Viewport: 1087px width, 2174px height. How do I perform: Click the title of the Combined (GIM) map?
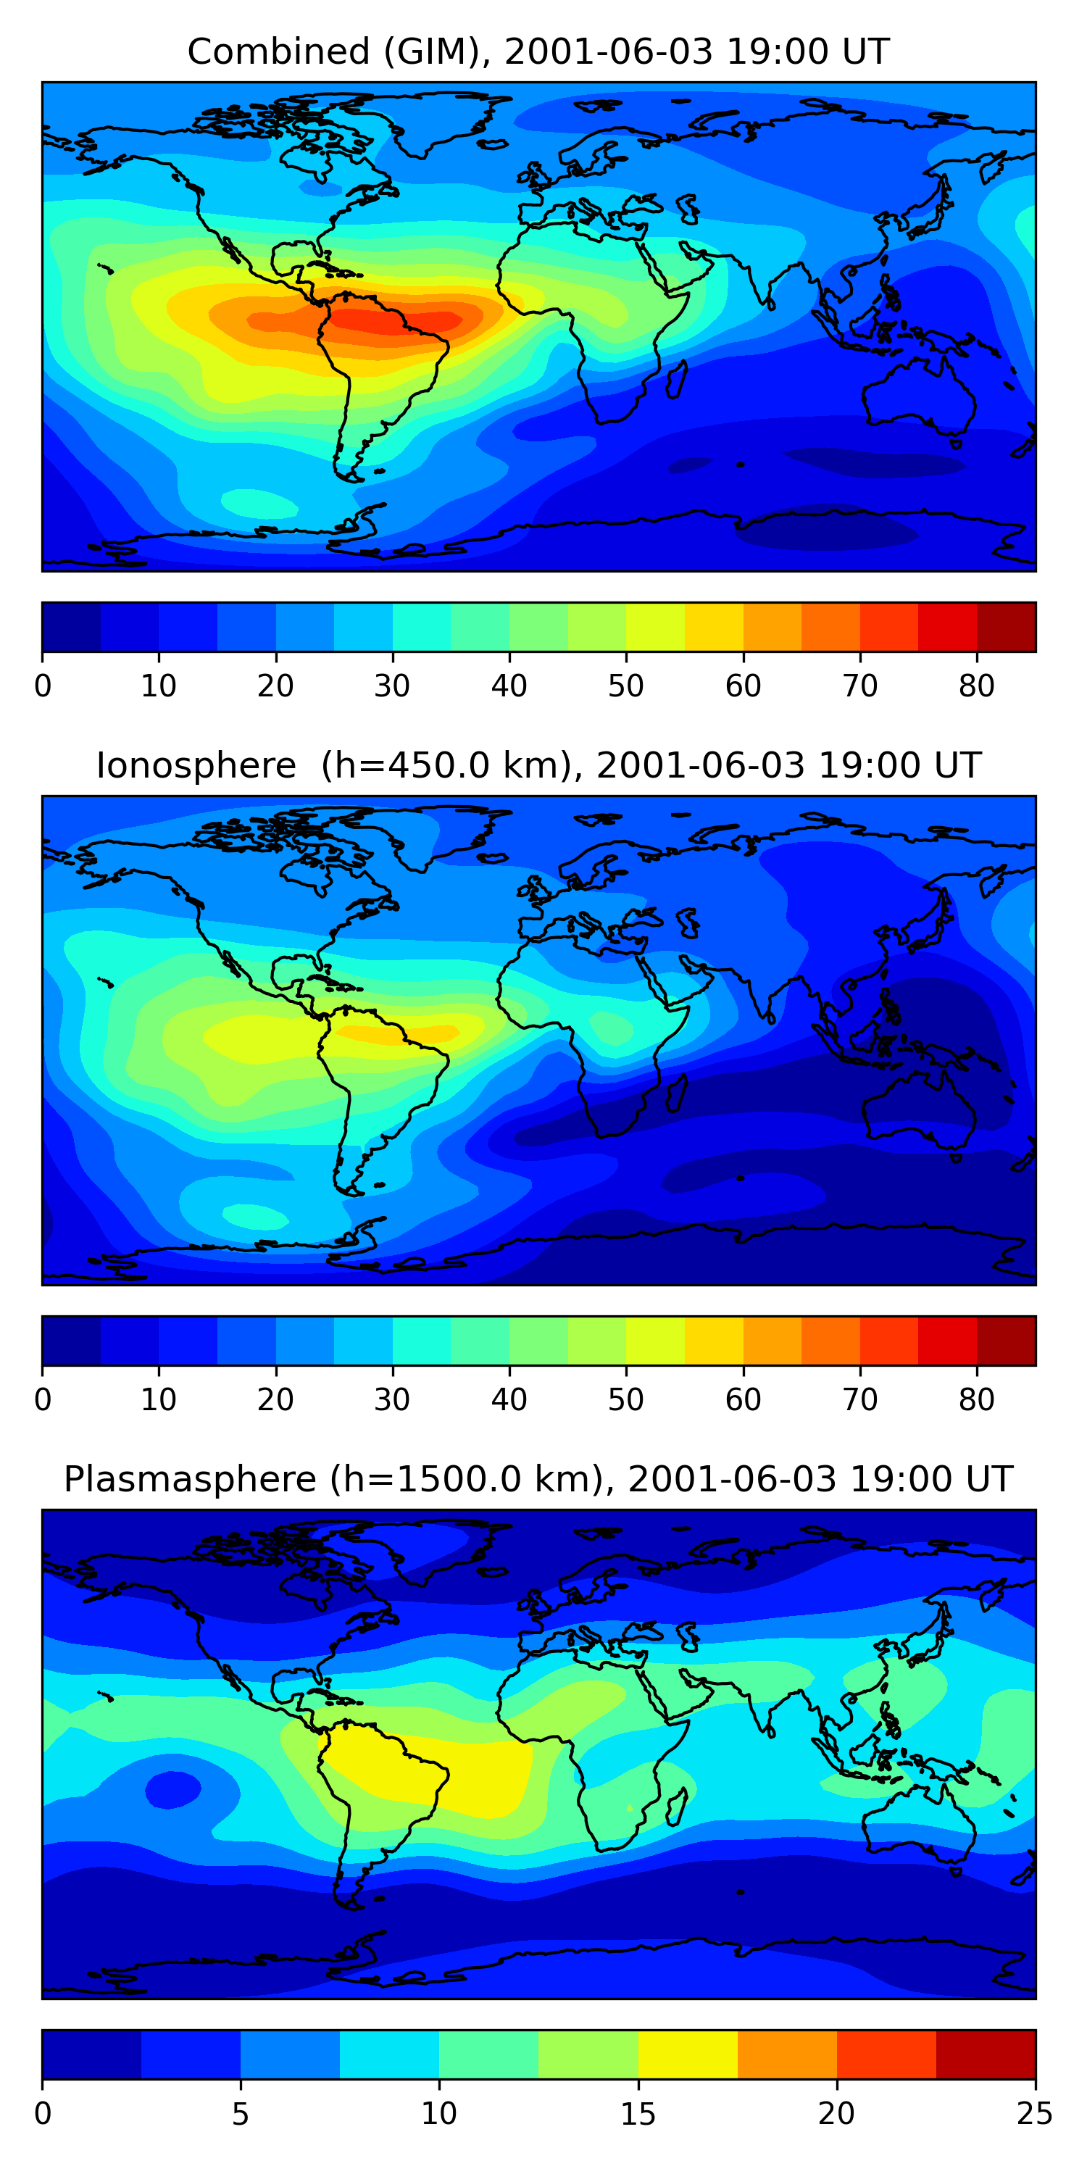coord(538,51)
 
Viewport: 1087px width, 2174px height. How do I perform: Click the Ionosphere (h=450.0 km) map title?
coord(538,765)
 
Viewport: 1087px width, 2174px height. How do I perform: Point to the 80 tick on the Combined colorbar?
coord(976,686)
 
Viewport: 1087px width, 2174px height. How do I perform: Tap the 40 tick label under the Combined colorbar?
coord(509,686)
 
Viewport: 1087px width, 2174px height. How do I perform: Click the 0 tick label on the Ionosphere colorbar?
coord(43,1399)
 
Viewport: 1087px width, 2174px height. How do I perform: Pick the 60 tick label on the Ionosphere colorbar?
coord(743,1399)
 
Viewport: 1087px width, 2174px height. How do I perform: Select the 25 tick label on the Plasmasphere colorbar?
coord(1035,2113)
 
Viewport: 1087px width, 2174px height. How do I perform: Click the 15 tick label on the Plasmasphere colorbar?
coord(638,2113)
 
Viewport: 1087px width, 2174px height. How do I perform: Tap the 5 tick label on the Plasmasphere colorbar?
coord(241,2113)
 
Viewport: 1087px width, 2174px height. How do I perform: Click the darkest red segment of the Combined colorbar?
coord(1006,627)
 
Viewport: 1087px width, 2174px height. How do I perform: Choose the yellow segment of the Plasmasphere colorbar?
coord(688,2055)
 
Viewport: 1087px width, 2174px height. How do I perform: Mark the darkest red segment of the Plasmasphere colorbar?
coord(986,2055)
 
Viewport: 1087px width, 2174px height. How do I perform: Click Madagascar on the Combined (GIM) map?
coord(676,380)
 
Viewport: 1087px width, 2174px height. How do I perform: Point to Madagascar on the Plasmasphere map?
coord(676,1807)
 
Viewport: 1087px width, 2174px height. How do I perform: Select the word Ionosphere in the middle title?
coord(196,765)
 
